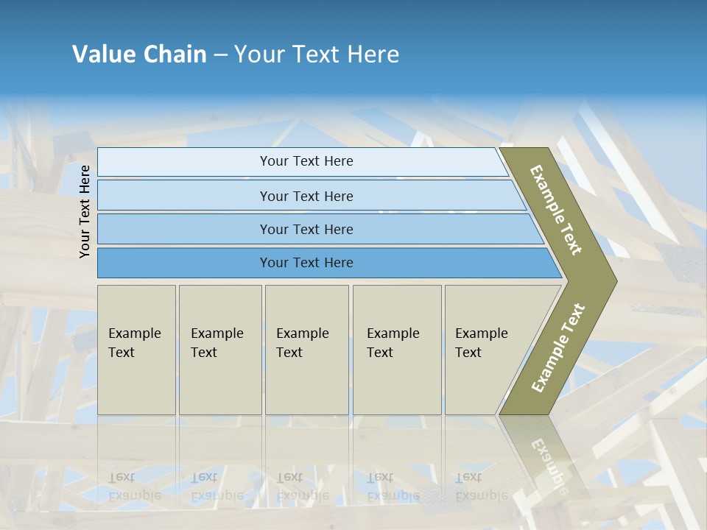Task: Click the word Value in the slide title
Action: (x=102, y=54)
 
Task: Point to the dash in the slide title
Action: (x=220, y=55)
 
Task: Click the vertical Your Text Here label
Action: (x=85, y=212)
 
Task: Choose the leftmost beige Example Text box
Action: (x=136, y=350)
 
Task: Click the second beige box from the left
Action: (x=219, y=350)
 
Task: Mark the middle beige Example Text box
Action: (x=306, y=350)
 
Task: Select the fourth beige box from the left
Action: (x=397, y=350)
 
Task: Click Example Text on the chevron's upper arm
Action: (x=556, y=210)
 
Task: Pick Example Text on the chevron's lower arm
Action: (x=557, y=347)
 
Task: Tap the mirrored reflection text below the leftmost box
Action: (x=135, y=487)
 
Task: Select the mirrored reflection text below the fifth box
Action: (x=482, y=487)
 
